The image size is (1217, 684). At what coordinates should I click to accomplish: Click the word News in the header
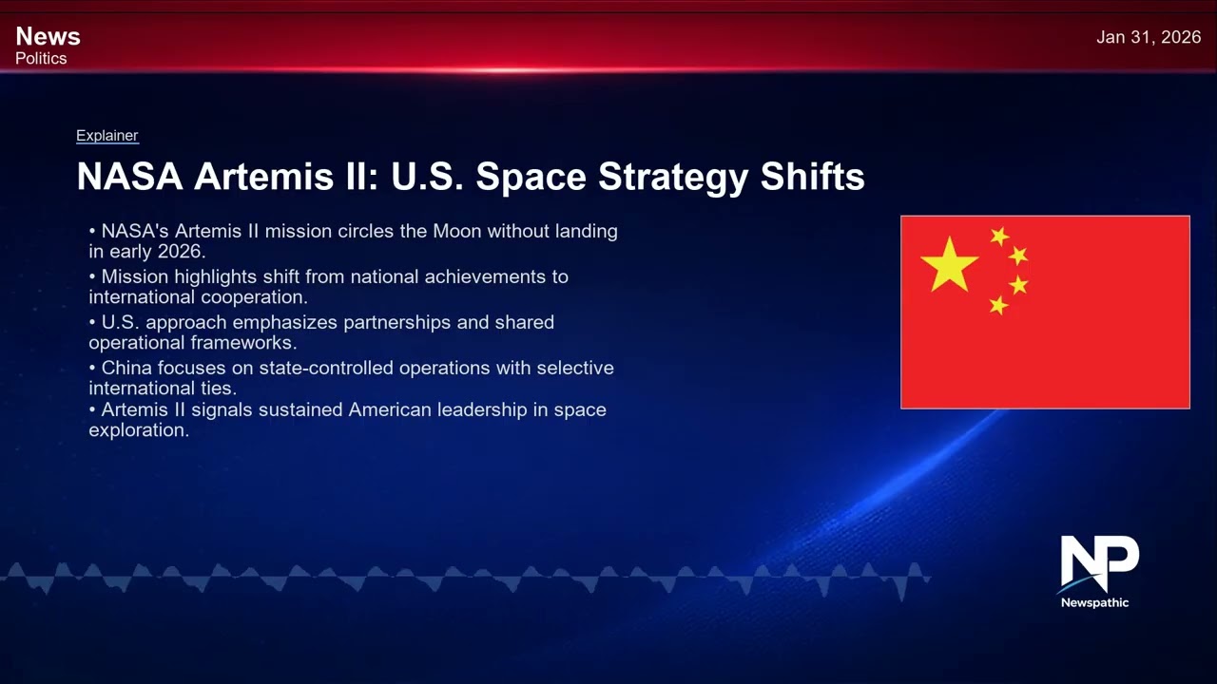pyautogui.click(x=48, y=36)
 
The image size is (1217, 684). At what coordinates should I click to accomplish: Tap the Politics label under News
pyautogui.click(x=41, y=59)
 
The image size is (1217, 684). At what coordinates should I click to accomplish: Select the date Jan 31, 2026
pyautogui.click(x=1149, y=37)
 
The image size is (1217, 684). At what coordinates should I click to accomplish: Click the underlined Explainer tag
pyautogui.click(x=107, y=136)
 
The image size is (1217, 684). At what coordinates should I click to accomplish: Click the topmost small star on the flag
pyautogui.click(x=998, y=236)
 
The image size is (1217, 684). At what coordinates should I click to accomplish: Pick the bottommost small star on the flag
pyautogui.click(x=998, y=304)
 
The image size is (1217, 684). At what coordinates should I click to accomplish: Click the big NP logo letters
pyautogui.click(x=1099, y=563)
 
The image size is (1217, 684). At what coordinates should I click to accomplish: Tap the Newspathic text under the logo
pyautogui.click(x=1094, y=602)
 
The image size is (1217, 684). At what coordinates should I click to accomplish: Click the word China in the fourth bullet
pyautogui.click(x=127, y=368)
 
